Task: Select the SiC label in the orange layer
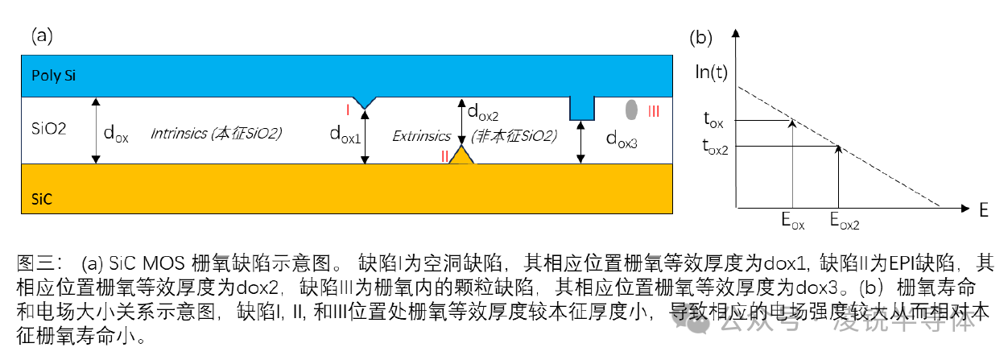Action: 42,199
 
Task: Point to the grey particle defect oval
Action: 633,108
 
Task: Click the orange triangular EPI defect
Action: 463,155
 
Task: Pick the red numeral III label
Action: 654,112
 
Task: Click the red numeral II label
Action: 444,156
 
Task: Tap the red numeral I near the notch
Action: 346,109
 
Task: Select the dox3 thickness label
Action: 622,140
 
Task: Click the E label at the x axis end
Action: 983,211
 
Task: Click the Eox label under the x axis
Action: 792,221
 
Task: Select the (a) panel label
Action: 43,35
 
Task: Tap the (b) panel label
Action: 703,37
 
